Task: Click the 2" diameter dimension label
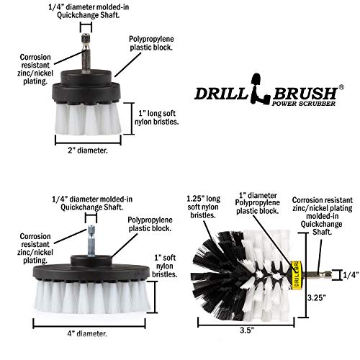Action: (x=82, y=151)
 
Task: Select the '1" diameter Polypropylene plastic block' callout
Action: (x=261, y=204)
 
